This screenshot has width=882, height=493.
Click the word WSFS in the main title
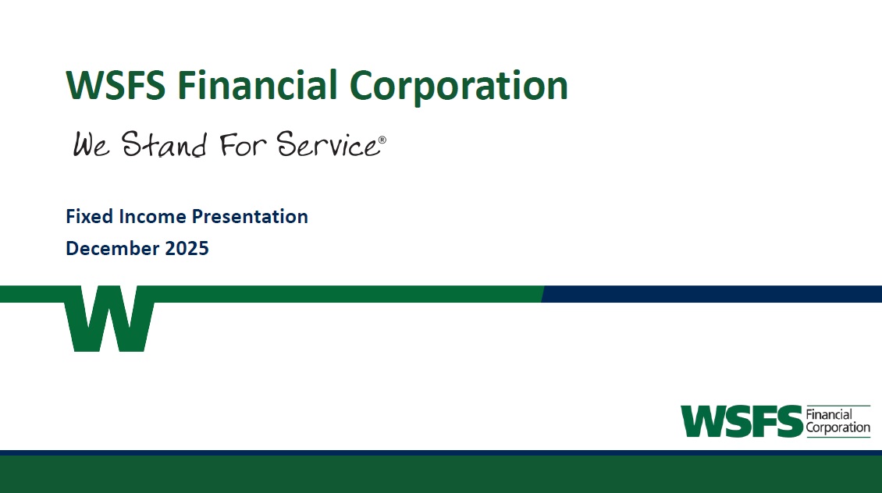116,86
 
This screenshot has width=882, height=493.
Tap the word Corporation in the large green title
458,87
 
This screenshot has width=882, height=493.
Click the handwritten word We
91,144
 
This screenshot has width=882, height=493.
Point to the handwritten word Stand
164,144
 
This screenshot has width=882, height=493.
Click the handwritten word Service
327,144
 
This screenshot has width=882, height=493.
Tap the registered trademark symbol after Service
382,140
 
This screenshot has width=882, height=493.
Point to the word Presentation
250,216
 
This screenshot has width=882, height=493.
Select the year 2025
187,249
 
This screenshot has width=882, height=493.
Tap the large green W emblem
109,318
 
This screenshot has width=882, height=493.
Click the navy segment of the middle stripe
712,294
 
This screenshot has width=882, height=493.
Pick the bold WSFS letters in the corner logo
742,421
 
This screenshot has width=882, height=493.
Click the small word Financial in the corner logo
829,415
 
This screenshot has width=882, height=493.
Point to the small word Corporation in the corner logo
838,427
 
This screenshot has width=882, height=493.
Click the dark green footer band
441,474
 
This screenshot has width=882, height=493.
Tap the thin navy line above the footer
441,452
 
